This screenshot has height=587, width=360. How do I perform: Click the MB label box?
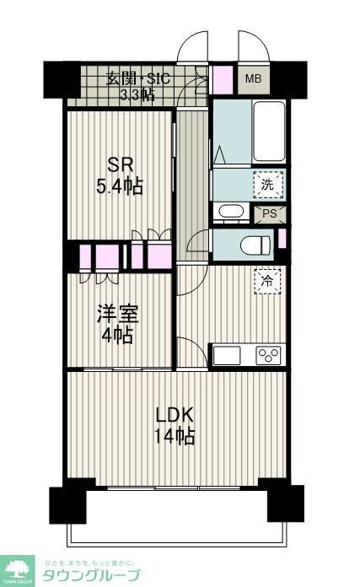pos(253,79)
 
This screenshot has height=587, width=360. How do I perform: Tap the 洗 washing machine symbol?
pos(267,183)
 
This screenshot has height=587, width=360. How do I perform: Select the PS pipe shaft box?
pos(271,214)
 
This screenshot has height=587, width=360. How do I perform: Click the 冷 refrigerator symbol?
pos(267,280)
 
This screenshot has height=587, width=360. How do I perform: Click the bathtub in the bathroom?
pos(269,132)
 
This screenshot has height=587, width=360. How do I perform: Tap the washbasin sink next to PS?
pos(229,212)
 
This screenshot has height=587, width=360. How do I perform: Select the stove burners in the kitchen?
pos(268,355)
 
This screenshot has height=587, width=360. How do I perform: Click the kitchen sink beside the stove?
pos(229,355)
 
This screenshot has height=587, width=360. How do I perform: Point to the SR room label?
pos(119,164)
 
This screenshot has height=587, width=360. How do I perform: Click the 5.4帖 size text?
pos(119,187)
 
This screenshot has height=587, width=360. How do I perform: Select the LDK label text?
pos(175,415)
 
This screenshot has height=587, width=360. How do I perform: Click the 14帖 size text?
pos(175,436)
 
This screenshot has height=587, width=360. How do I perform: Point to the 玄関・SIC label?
pos(137,79)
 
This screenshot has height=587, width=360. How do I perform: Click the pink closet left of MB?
pos(222,79)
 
